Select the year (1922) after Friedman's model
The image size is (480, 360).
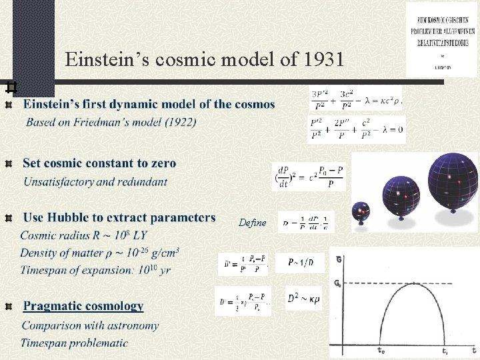coord(179,123)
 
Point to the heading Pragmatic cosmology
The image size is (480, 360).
coord(83,307)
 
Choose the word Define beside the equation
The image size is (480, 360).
coord(252,223)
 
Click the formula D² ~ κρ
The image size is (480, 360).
coord(303,300)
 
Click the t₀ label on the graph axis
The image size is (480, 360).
coord(380,349)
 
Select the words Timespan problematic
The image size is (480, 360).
coord(74,343)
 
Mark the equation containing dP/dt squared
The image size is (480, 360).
coord(309,177)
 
